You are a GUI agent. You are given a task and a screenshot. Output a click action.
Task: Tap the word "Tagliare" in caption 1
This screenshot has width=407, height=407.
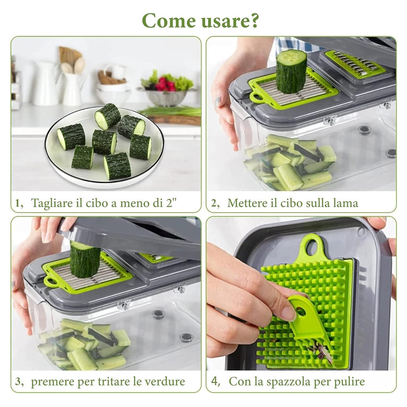coord(51,203)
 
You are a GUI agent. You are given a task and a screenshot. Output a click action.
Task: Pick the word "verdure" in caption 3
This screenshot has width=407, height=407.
coord(164,381)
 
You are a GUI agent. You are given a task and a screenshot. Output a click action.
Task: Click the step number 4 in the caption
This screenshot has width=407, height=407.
coord(214,381)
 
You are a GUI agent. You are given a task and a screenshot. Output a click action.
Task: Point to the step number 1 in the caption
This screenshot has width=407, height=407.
coord(17,203)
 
